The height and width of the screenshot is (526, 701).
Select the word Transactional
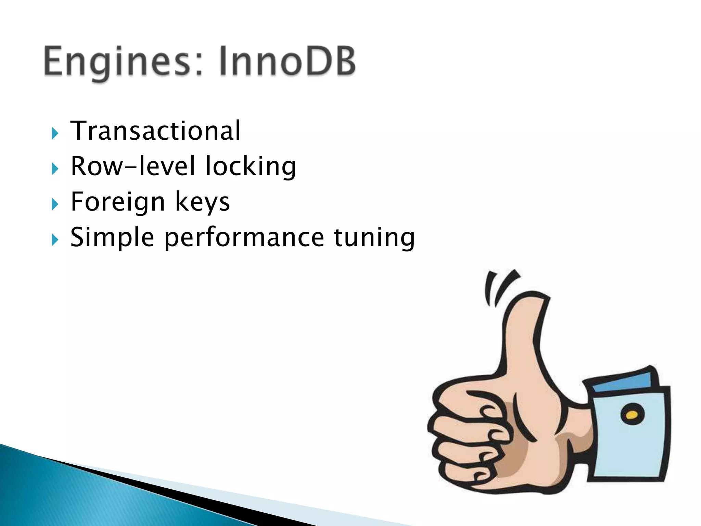[156, 131]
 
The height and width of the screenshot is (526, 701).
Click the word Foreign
[118, 202]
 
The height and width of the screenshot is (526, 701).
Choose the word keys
[202, 202]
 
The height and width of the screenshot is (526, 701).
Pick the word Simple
[112, 237]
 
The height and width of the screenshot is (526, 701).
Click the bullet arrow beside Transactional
[55, 133]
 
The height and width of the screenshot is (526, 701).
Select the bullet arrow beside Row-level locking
[55, 168]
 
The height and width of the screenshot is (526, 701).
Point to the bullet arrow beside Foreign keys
[55, 204]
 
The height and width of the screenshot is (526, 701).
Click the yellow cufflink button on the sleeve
[632, 415]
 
